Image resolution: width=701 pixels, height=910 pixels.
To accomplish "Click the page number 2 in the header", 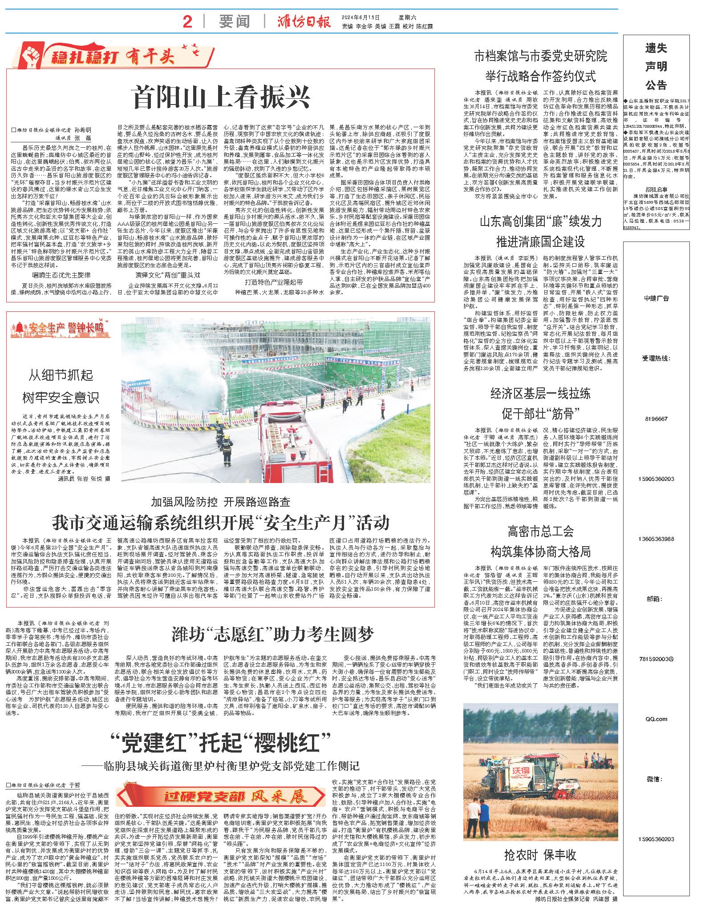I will pos(187,21).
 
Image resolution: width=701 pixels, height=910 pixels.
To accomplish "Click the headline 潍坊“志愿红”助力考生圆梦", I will pos(273,634).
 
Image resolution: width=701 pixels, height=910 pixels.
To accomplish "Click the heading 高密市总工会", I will pos(540,531).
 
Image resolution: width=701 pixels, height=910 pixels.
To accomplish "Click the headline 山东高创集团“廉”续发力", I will pos(540,221).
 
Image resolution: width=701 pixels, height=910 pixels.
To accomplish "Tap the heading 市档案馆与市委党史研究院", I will pos(540,56).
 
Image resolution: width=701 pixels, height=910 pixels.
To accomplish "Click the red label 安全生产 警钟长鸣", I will pos(60,328).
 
